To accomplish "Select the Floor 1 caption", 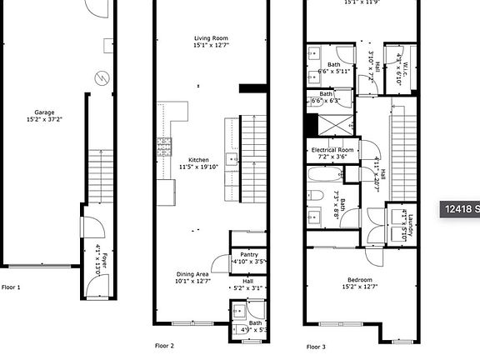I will click(x=11, y=287).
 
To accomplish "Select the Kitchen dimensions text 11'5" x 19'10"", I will click(x=197, y=167).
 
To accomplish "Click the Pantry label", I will click(x=248, y=255).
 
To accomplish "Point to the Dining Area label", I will click(x=192, y=274).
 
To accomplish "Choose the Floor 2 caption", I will click(x=164, y=345).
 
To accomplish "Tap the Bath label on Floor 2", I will click(x=255, y=322).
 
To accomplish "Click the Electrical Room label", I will click(x=333, y=149).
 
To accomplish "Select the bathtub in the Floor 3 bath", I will click(x=323, y=177).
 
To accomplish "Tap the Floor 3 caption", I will click(x=316, y=346).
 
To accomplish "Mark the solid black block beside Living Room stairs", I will click(x=250, y=88).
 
